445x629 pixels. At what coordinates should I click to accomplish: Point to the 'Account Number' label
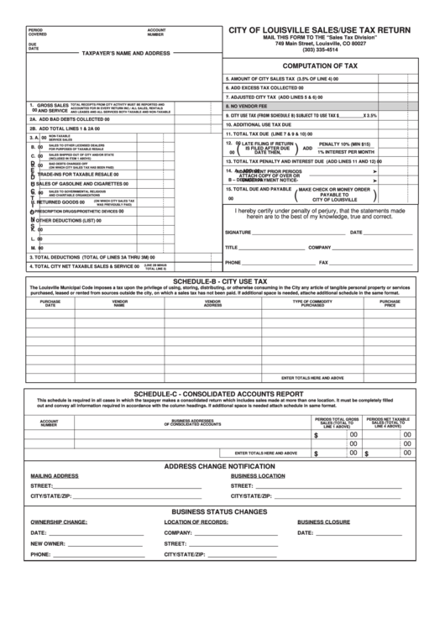[x=156, y=32]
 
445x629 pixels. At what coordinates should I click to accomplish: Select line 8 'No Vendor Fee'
[x=252, y=106]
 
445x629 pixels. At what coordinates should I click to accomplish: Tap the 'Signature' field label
[x=238, y=232]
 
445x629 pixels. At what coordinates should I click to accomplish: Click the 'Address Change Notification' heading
[x=219, y=466]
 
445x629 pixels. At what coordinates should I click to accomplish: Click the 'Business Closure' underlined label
[x=323, y=522]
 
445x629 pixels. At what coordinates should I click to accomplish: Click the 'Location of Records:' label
[x=196, y=522]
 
